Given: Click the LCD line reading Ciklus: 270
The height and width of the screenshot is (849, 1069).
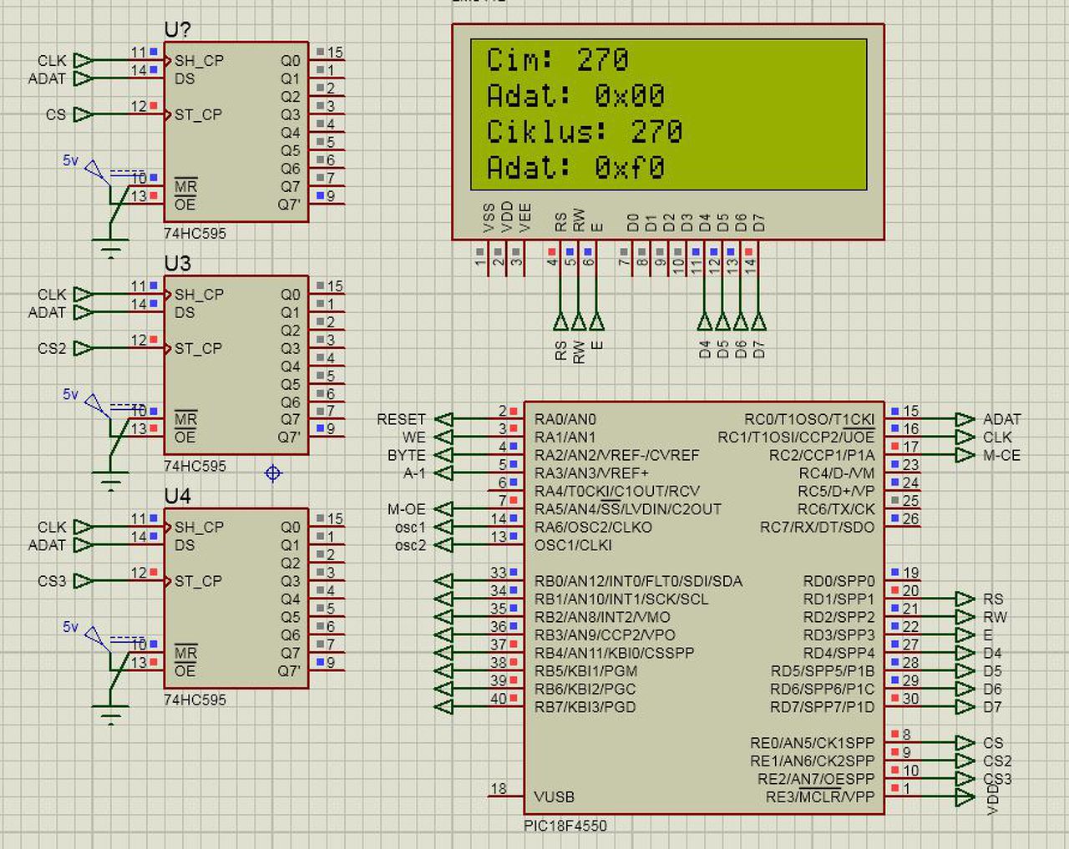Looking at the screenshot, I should coord(585,132).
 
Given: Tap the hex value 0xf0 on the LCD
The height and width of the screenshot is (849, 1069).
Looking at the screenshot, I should coord(630,168).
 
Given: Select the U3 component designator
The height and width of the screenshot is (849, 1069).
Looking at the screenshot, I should coord(178,264).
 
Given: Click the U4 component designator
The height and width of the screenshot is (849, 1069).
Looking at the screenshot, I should coord(178,497).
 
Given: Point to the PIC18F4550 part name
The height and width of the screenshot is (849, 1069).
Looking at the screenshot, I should coord(565,826).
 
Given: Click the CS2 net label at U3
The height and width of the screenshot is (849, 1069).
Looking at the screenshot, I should coord(51,348).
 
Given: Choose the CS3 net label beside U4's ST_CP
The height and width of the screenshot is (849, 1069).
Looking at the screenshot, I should coord(51,581).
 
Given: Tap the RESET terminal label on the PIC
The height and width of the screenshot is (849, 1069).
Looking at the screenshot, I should coord(401,419).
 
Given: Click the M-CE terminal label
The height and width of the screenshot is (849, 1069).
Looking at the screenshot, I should coord(1001,455).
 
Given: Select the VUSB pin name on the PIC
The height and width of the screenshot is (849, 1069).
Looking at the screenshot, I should coord(555,796).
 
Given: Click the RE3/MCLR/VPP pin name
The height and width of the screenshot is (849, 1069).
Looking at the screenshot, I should coord(819,796).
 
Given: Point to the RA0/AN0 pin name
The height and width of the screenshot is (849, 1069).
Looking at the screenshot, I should coord(565,419).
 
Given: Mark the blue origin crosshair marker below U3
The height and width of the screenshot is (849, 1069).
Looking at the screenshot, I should coord(273,473).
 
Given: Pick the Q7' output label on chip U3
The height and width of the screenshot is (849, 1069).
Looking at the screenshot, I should coord(289,437).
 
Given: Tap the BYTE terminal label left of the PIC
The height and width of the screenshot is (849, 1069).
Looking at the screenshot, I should coord(406,455).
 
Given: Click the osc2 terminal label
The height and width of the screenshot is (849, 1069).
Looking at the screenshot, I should coord(410,545).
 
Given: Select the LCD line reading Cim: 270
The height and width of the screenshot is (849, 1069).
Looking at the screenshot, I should coord(557,60).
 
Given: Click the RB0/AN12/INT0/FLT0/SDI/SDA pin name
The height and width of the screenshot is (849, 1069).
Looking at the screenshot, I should coord(638,581).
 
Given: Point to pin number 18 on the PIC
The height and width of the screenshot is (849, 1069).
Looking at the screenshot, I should coord(499,788).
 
